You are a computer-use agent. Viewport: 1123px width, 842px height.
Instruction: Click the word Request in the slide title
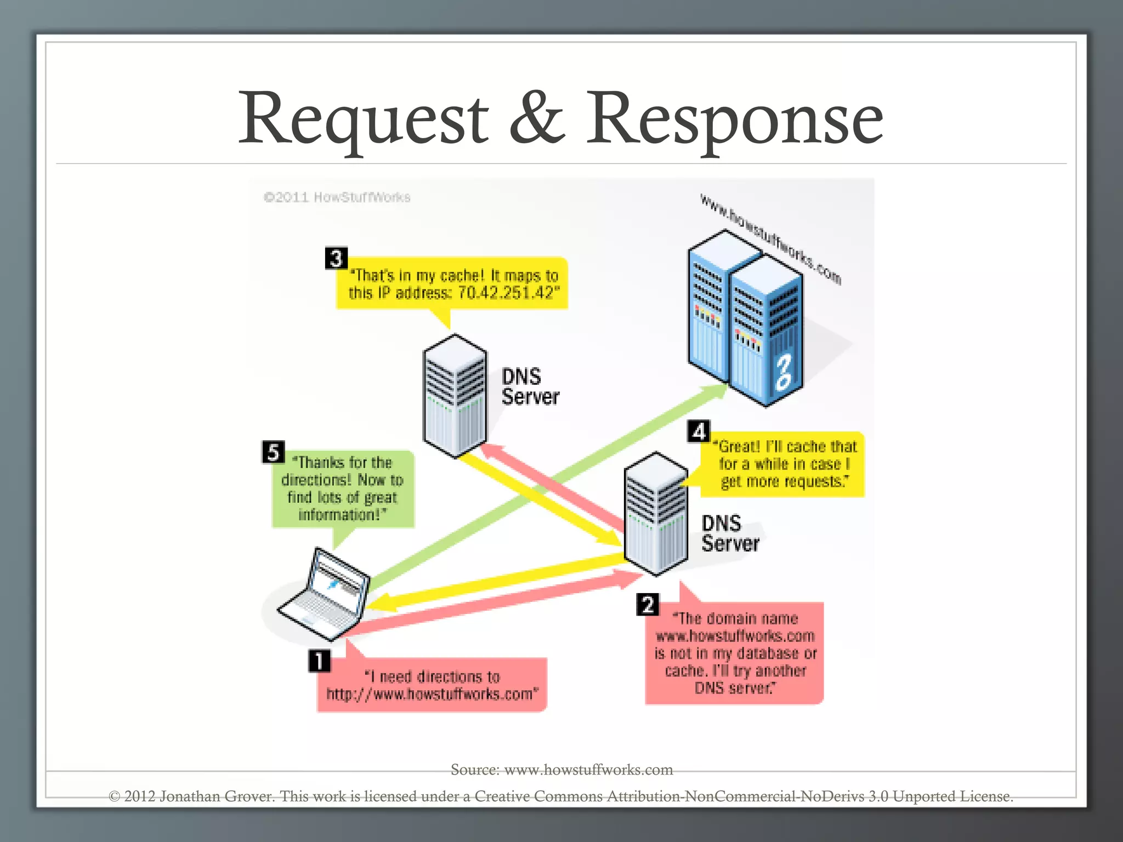tap(363, 120)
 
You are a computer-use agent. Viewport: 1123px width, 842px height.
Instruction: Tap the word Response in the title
tap(735, 120)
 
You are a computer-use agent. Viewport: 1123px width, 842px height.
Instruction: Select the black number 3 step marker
tap(336, 258)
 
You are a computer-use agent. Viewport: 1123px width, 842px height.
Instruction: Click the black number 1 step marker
tap(319, 661)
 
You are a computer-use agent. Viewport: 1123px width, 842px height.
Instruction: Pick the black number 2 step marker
tap(648, 605)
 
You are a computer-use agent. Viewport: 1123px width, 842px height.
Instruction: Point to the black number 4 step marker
tap(699, 431)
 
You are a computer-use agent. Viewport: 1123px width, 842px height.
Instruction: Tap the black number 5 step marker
tap(273, 452)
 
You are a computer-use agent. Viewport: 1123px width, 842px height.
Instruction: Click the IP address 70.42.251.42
tap(506, 293)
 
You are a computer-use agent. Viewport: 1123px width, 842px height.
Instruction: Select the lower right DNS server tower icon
tap(655, 514)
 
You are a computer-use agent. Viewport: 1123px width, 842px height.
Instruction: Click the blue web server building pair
tap(746, 318)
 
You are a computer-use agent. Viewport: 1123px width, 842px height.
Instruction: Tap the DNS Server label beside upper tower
tap(530, 386)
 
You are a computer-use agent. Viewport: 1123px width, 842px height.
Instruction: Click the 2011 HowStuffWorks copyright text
tap(337, 197)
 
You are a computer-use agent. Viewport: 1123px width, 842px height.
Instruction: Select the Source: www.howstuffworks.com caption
tap(561, 770)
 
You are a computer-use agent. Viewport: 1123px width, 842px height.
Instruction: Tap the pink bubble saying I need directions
tap(432, 685)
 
